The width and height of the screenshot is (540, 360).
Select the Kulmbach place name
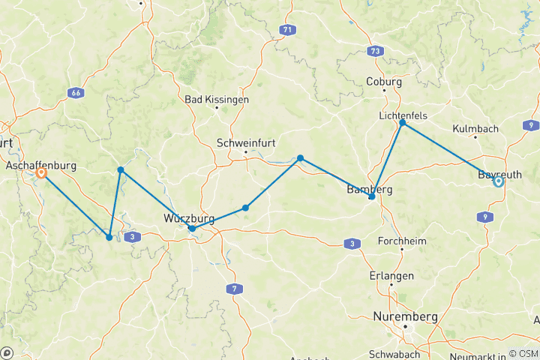pos(476,129)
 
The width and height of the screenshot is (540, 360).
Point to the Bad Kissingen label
pos(217,99)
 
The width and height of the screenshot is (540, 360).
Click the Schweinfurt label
pos(244,142)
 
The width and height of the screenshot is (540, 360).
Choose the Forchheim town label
pos(403,241)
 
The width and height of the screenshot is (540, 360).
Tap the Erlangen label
pos(392,276)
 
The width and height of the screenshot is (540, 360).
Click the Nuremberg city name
pos(406,317)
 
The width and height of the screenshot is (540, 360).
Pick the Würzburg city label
pos(189,218)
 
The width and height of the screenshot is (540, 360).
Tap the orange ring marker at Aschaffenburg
pos(41,173)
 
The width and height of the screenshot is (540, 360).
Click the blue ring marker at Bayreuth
pos(498,181)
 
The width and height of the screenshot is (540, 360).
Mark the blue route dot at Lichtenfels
pos(403,122)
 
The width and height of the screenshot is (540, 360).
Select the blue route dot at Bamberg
pos(372,196)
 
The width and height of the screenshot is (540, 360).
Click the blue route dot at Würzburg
pos(193,228)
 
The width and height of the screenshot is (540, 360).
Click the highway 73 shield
pos(374,51)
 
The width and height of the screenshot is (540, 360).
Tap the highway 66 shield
pos(75,93)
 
